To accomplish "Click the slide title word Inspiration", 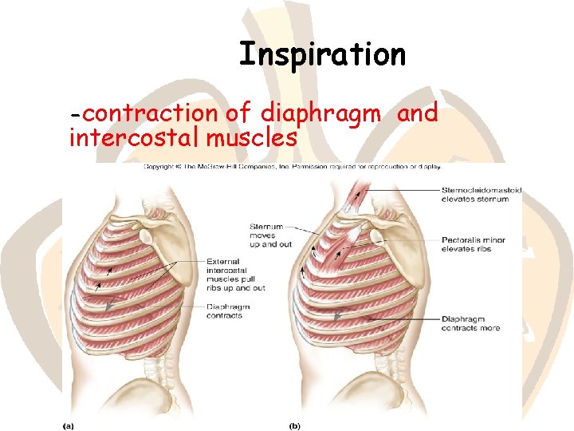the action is click(x=322, y=54).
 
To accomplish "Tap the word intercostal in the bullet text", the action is click(x=134, y=138).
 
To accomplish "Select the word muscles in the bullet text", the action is click(x=252, y=138).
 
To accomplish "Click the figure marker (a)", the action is click(x=69, y=425).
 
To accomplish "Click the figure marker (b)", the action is click(x=295, y=425).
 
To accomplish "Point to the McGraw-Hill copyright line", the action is click(x=292, y=168).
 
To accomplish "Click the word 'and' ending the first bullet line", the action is click(x=418, y=114).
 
